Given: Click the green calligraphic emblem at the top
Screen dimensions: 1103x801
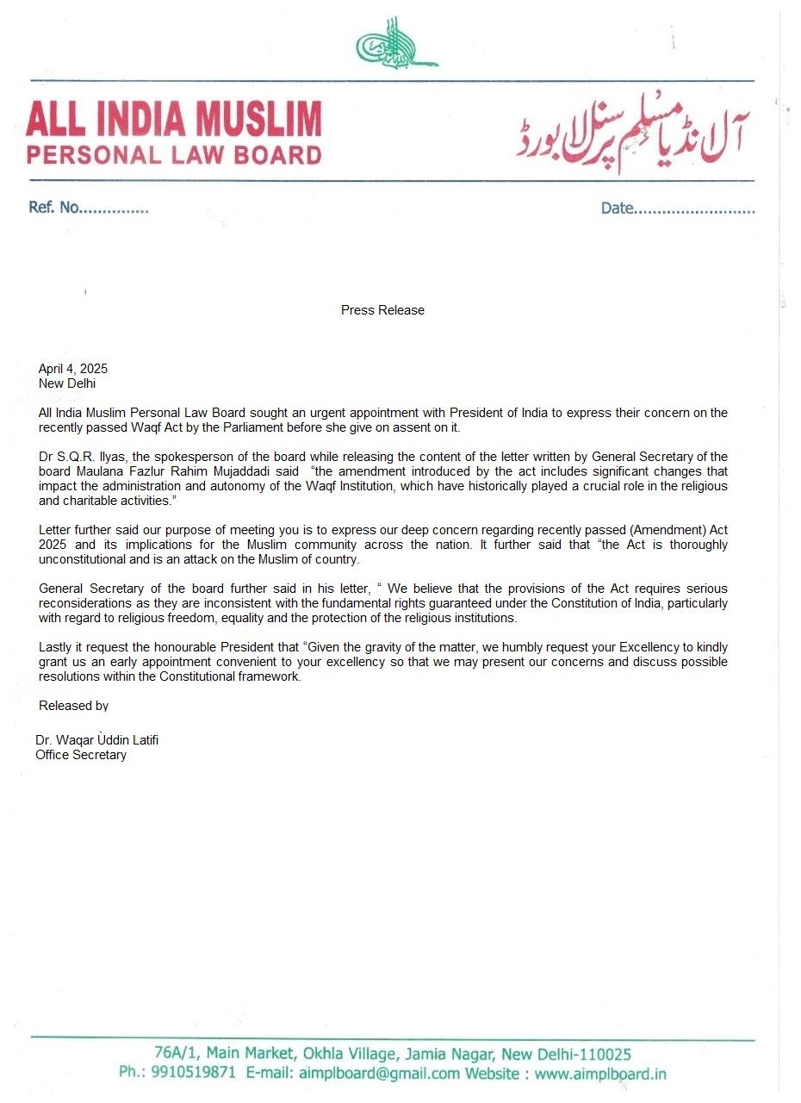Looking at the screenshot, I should [x=396, y=42].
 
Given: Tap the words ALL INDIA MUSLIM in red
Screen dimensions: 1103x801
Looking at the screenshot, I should [x=174, y=119].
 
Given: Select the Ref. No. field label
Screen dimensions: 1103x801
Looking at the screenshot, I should [x=53, y=209].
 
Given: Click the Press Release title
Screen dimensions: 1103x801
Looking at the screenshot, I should [x=382, y=310].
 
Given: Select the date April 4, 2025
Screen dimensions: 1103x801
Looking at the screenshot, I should [x=73, y=369].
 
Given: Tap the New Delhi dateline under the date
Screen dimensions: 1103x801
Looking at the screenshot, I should [x=67, y=383].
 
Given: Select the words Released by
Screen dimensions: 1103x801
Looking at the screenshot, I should [x=73, y=706].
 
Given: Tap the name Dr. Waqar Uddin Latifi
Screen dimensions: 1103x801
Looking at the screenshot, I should [x=96, y=740].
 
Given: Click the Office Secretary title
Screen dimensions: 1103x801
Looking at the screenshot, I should [x=81, y=755].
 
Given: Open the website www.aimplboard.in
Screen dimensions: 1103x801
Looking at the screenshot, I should [x=600, y=1073].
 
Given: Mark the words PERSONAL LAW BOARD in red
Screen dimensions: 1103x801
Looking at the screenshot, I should [x=174, y=155].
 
